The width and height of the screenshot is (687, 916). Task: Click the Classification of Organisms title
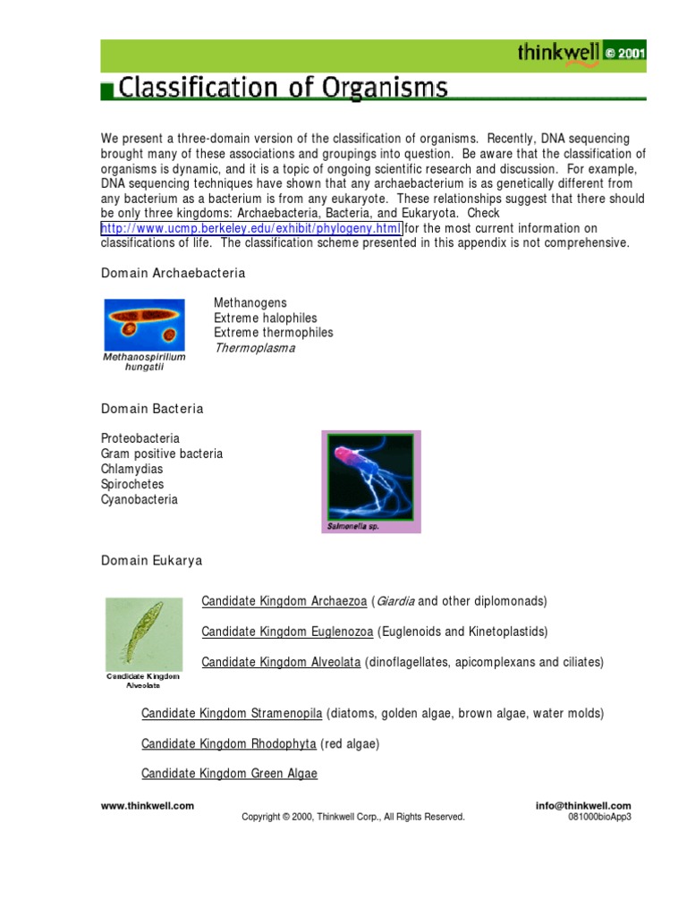[283, 88]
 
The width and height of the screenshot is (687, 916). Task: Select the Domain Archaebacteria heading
[173, 272]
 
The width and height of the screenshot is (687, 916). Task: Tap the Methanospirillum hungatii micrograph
[144, 324]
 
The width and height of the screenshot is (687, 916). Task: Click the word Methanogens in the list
[250, 303]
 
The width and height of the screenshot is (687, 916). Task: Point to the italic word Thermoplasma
[254, 348]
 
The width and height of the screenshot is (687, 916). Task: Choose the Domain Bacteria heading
[152, 409]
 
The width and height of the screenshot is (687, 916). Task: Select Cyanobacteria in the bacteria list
[140, 500]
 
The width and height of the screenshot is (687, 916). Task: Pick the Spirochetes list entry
[133, 485]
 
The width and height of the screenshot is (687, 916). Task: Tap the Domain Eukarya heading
[151, 561]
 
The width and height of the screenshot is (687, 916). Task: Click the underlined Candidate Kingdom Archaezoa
[284, 600]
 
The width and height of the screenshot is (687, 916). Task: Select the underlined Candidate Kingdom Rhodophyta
[229, 743]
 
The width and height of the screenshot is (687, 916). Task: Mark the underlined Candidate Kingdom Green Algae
[229, 774]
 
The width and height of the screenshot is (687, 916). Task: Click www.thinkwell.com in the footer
[148, 806]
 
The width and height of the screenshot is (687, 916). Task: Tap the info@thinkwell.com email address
[583, 806]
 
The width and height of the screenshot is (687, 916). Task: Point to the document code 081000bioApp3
[599, 817]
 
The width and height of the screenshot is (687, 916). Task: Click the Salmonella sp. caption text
[353, 527]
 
